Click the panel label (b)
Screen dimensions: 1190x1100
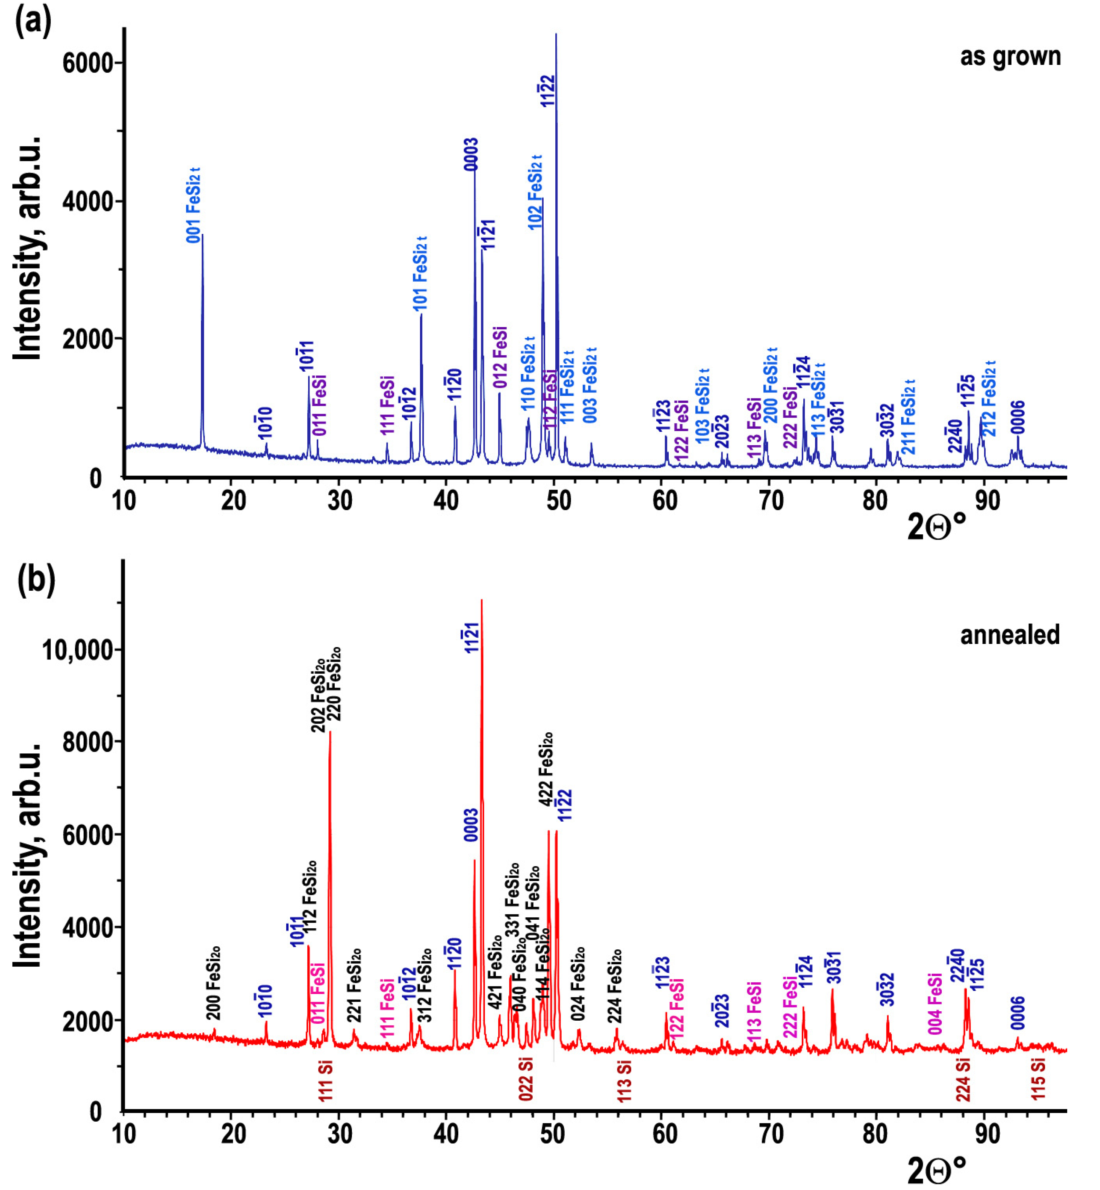tap(36, 579)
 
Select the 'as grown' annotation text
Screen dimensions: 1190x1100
tap(1010, 57)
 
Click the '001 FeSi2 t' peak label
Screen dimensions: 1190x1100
tap(193, 206)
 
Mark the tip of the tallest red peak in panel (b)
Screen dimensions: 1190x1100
tap(481, 600)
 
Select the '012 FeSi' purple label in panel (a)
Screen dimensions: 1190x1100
tap(500, 357)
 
